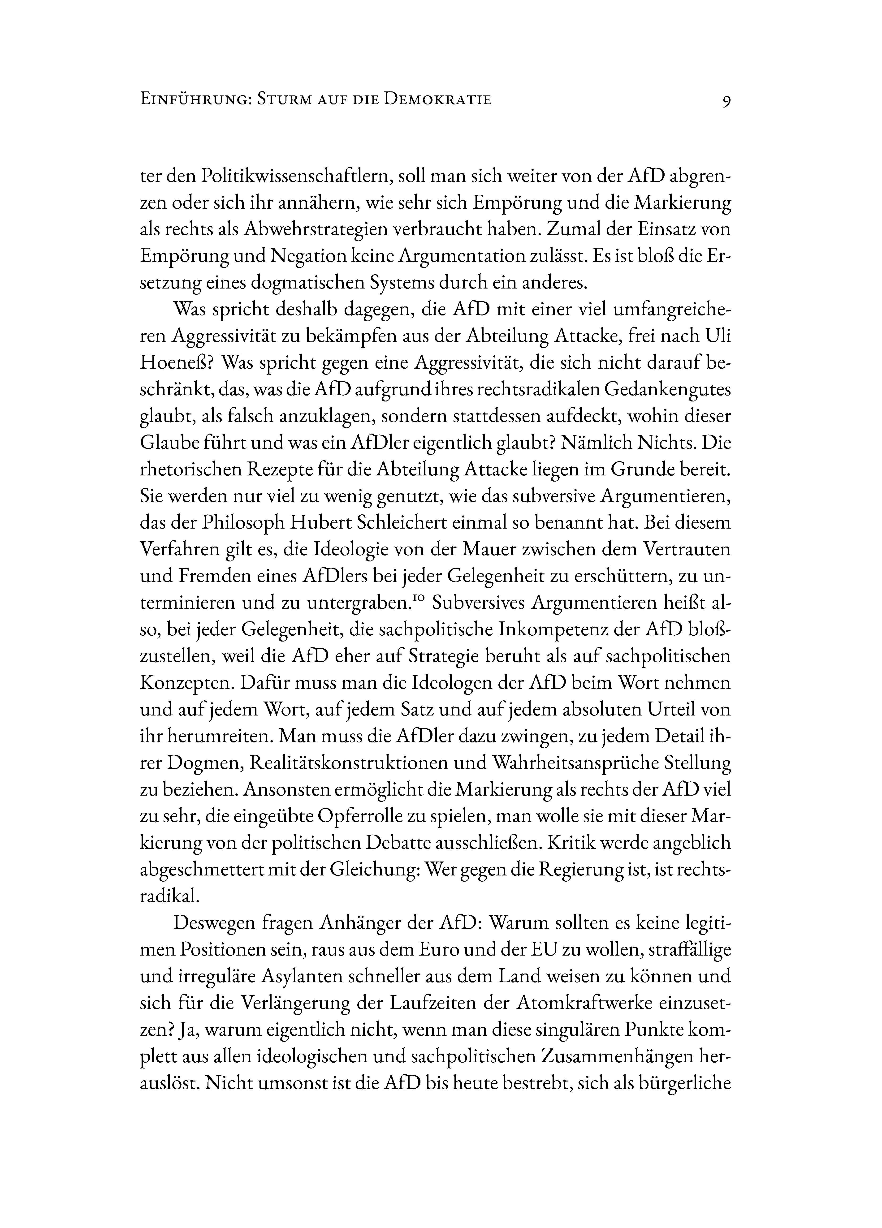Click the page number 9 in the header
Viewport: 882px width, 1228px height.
tap(726, 101)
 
